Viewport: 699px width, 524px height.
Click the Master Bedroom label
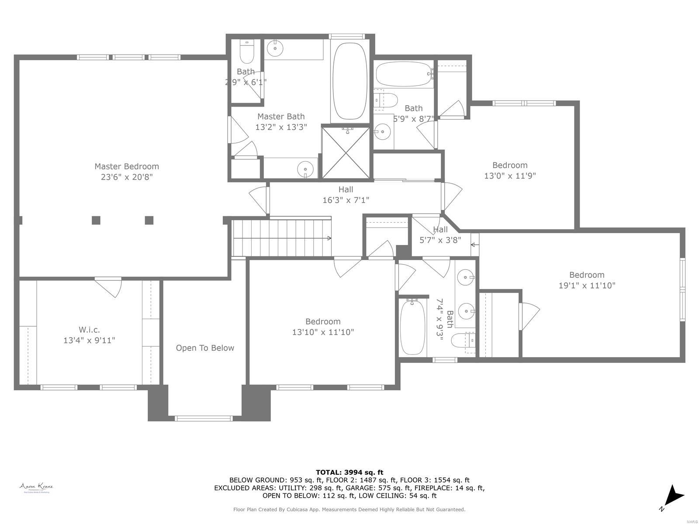127,166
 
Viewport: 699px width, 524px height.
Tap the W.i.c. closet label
89,330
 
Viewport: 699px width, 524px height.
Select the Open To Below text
205,348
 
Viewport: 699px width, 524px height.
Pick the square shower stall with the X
346,152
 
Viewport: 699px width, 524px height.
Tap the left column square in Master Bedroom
96,220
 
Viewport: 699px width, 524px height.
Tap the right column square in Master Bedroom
149,220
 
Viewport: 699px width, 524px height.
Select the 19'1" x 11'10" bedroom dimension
587,286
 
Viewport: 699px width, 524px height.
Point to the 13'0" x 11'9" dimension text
510,176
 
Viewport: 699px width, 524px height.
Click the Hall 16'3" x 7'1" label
346,195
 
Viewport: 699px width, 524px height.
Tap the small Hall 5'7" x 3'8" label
440,234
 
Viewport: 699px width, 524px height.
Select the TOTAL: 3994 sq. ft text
349,472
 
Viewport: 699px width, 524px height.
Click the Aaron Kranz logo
36,487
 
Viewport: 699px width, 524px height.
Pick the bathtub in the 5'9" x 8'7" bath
403,74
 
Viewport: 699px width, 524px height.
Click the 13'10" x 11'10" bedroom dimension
323,332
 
